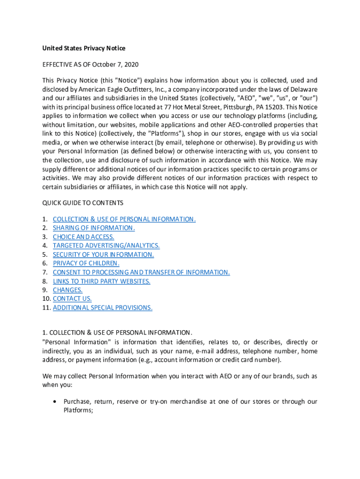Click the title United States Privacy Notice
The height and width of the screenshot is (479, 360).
tap(84, 48)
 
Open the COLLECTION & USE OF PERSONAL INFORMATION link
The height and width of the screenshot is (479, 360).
tap(124, 219)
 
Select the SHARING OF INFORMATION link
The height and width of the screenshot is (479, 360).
tap(94, 228)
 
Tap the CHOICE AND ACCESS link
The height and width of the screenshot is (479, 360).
tap(83, 237)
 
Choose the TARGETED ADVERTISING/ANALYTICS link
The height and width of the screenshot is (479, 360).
tap(106, 246)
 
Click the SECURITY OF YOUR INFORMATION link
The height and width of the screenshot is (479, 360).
tap(103, 254)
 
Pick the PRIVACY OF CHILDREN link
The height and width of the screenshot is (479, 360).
tap(86, 263)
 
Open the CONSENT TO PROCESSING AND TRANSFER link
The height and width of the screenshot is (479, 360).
tap(141, 272)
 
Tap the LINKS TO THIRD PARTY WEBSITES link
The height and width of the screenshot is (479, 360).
tap(101, 281)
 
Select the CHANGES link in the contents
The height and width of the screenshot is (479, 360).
tap(67, 290)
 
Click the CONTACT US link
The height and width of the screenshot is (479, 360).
tap(72, 298)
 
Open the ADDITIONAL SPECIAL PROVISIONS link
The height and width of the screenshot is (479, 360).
tap(102, 307)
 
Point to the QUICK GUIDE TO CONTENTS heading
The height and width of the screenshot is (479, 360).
tap(83, 203)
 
